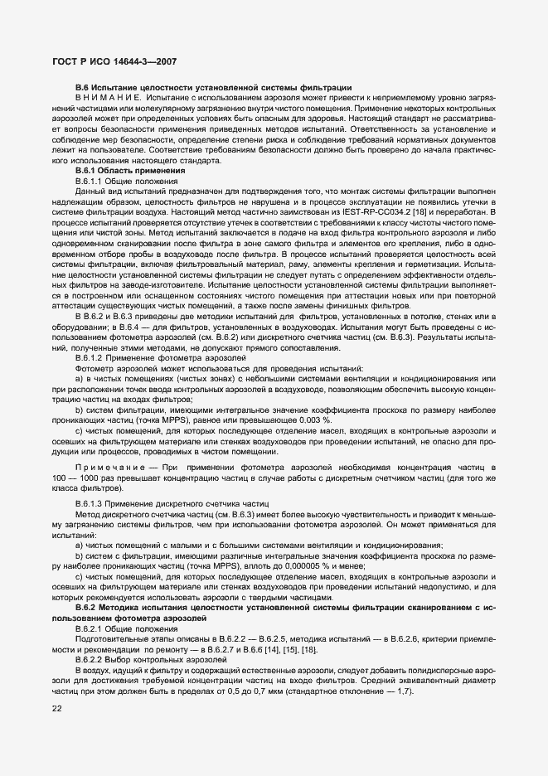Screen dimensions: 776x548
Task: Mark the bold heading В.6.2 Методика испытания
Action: pos(207,607)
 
